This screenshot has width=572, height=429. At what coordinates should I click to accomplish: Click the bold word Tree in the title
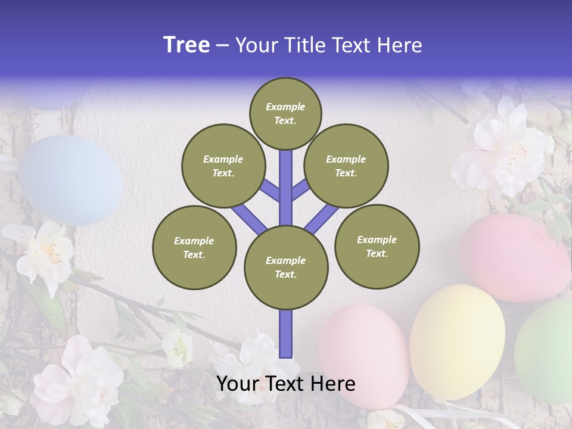tap(186, 45)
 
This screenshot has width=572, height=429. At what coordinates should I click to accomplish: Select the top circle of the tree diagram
tap(285, 113)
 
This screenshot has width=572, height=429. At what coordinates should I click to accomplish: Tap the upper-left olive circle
tap(223, 166)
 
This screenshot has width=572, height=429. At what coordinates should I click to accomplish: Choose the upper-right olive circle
tap(346, 166)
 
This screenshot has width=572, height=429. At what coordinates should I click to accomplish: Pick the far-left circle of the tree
tap(194, 247)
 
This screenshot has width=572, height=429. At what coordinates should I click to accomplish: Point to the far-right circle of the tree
tap(377, 246)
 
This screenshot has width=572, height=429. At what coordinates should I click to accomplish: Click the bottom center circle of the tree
tap(285, 267)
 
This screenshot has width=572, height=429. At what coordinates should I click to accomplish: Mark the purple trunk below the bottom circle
tap(285, 334)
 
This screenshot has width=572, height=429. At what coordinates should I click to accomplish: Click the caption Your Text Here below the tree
tap(285, 384)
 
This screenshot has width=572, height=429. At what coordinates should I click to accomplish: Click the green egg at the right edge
tap(545, 352)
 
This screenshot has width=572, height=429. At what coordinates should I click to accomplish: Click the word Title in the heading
tap(306, 45)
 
